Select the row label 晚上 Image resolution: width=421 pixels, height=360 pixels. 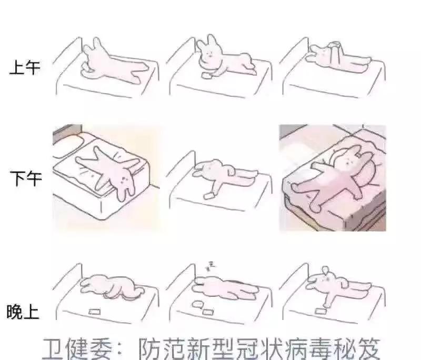23,313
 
